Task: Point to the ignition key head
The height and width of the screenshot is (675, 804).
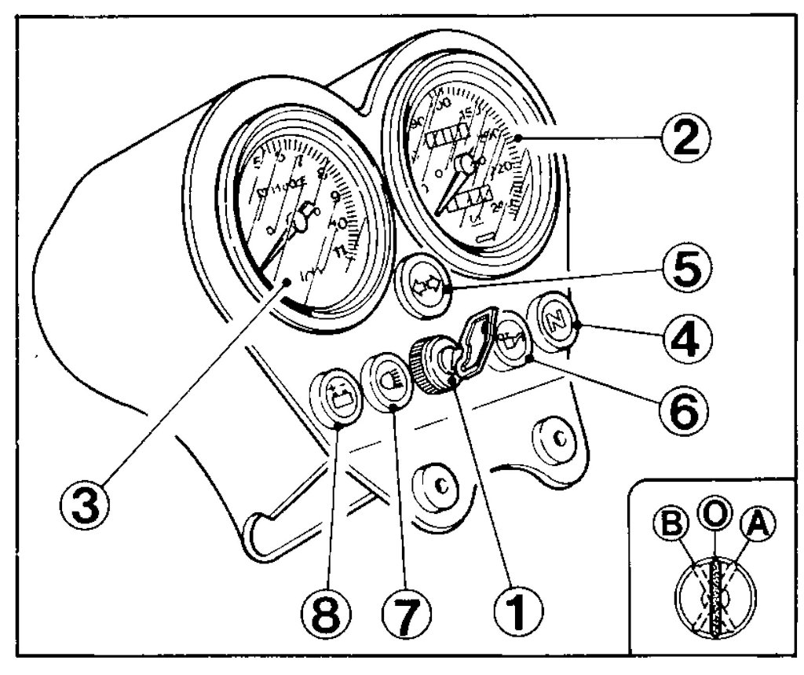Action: pyautogui.click(x=478, y=344)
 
